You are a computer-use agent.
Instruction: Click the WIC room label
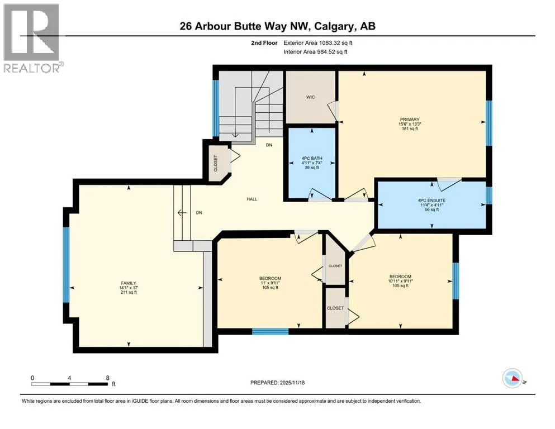pyautogui.click(x=310, y=97)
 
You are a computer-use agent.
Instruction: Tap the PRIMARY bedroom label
pyautogui.click(x=410, y=120)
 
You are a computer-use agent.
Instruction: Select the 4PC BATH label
pyautogui.click(x=312, y=159)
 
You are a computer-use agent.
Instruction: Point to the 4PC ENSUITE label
pyautogui.click(x=431, y=201)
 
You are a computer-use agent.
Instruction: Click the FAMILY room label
pyautogui.click(x=129, y=283)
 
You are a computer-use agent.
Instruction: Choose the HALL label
pyautogui.click(x=252, y=199)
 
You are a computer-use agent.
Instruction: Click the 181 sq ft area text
pyautogui.click(x=410, y=128)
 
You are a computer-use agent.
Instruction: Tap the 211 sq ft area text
pyautogui.click(x=129, y=293)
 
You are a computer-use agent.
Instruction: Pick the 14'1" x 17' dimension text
pyautogui.click(x=129, y=288)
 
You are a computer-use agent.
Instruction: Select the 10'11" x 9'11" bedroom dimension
pyautogui.click(x=400, y=281)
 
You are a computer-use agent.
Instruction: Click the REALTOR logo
pyautogui.click(x=31, y=38)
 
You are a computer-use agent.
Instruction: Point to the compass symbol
pyautogui.click(x=513, y=378)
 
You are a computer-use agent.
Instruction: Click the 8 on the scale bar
pyautogui.click(x=108, y=378)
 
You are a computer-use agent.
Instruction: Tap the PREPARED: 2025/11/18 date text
pyautogui.click(x=277, y=383)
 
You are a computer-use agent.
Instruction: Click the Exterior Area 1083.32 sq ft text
pyautogui.click(x=318, y=43)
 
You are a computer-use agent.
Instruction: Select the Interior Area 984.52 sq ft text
pyautogui.click(x=315, y=52)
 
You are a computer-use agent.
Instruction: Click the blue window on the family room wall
pyautogui.click(x=66, y=265)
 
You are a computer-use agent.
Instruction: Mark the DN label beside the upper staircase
pyautogui.click(x=269, y=145)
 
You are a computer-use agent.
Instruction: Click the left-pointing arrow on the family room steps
pyautogui.click(x=182, y=213)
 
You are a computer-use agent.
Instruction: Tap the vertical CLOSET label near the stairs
pyautogui.click(x=216, y=164)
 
